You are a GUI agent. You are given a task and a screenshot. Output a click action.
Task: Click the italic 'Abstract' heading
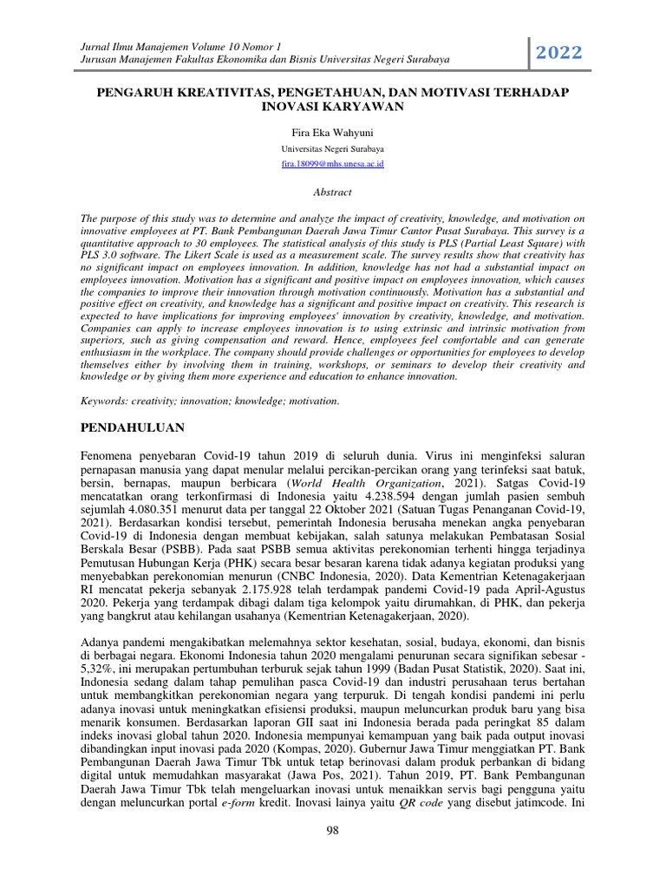333,193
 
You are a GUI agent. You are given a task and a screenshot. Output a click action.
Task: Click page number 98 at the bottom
333,855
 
